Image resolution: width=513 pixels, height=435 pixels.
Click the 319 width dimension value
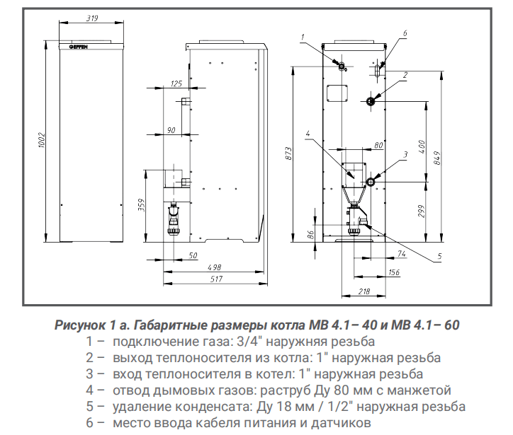tap(91, 18)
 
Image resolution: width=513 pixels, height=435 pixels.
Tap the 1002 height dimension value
tap(43, 139)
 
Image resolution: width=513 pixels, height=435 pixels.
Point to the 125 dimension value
tap(176, 85)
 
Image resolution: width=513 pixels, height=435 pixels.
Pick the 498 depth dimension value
tap(215, 267)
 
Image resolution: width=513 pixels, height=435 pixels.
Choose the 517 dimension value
tap(215, 280)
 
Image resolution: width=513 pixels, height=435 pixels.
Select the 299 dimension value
tap(422, 211)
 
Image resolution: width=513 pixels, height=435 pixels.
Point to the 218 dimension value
tap(364, 291)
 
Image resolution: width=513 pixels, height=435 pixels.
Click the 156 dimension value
tap(394, 272)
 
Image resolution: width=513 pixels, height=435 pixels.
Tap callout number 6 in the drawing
tap(405, 33)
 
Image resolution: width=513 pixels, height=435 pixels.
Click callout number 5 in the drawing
tap(439, 255)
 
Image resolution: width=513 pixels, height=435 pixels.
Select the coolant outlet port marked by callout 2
tap(371, 101)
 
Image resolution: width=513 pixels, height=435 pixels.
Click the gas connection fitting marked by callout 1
tap(342, 66)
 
